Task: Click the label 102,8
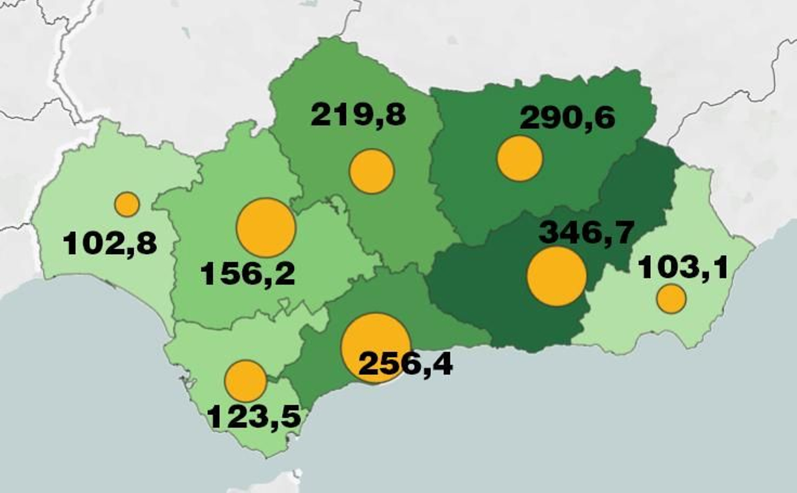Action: click(x=110, y=244)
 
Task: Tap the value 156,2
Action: click(x=248, y=274)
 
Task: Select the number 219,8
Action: click(x=358, y=115)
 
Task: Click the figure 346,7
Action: click(x=587, y=232)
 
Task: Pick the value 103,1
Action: click(x=683, y=267)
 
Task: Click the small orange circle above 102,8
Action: click(x=127, y=204)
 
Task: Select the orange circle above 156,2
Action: click(x=266, y=228)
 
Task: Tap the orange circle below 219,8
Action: click(x=372, y=171)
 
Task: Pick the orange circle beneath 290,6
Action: click(x=520, y=159)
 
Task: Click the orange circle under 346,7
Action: click(x=556, y=277)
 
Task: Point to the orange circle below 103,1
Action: click(x=671, y=299)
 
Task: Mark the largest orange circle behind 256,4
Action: click(x=375, y=341)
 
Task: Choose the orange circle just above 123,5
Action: click(x=246, y=381)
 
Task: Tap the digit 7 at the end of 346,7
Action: click(x=623, y=232)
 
